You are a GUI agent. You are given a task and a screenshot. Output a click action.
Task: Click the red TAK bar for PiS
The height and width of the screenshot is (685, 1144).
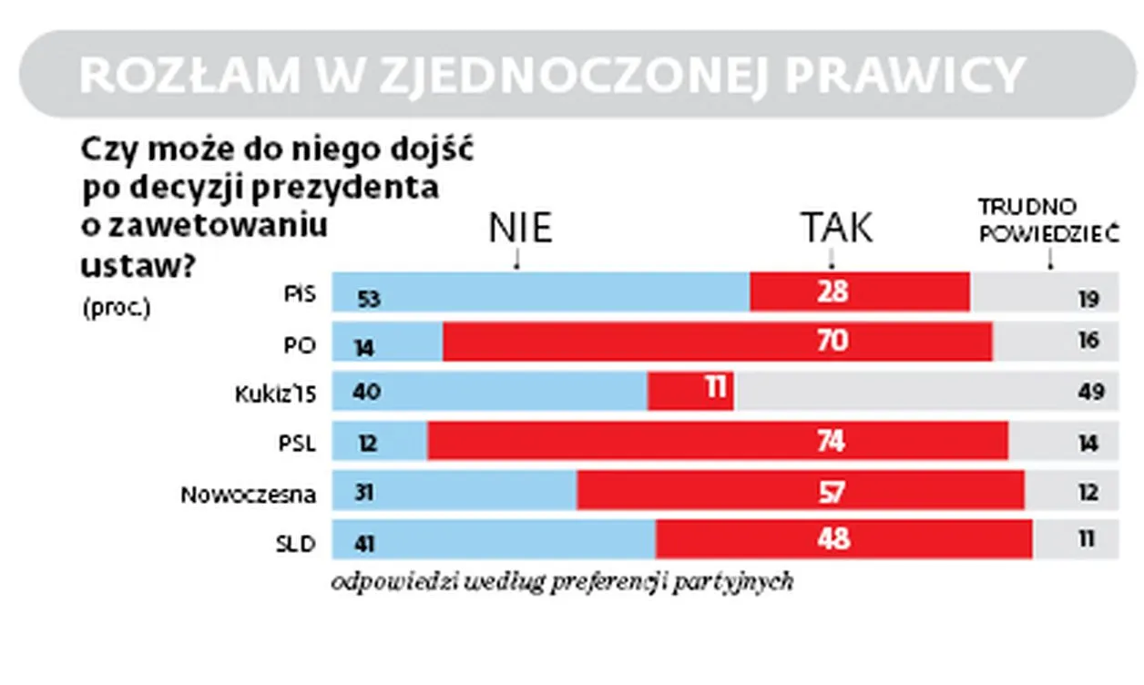pos(860,292)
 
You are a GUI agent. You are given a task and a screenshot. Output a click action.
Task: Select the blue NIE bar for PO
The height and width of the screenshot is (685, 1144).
pos(387,342)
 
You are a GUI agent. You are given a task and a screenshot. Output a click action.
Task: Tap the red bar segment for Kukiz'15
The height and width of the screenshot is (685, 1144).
pos(690,391)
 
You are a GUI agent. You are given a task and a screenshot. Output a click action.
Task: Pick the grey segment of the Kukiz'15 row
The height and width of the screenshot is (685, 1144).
pos(924,391)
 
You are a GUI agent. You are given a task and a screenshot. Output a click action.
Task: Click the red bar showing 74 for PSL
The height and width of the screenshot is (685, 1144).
pos(718,441)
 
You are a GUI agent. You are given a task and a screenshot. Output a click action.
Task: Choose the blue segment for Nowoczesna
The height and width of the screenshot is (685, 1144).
pos(454,491)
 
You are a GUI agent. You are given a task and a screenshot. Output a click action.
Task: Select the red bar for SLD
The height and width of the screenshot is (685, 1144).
pos(843,539)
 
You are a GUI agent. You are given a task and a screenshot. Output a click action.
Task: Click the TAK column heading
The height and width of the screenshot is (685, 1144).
pos(835,228)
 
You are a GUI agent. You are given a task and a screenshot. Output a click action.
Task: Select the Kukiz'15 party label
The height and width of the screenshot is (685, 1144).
pos(273,393)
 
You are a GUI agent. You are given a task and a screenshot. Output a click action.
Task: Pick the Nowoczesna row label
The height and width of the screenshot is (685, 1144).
pos(248,495)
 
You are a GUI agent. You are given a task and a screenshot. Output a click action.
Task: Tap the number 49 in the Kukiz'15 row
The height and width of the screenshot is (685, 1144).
pos(1089,393)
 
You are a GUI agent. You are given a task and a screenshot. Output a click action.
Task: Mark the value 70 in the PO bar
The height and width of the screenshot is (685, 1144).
pos(832,341)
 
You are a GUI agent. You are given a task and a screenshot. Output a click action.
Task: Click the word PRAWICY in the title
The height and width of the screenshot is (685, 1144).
pos(905,75)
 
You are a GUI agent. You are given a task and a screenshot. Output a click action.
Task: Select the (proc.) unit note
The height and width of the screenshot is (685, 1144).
pos(115,308)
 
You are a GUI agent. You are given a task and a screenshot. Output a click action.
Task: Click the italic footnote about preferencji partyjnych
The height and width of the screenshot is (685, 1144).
pos(562,582)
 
